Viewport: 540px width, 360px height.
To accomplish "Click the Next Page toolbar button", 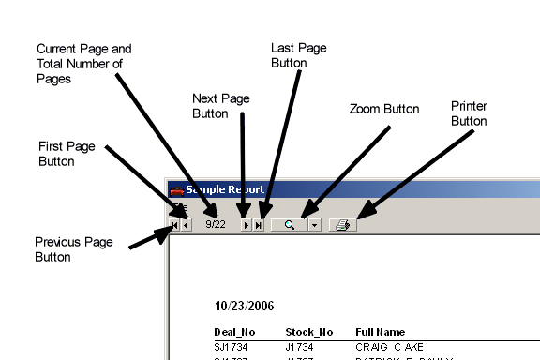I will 246,225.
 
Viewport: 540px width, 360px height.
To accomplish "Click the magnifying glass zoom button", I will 289,225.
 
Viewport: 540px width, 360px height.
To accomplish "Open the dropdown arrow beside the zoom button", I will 314,225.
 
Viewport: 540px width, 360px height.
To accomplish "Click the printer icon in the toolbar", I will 343,225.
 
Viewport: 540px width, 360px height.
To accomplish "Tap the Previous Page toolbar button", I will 187,225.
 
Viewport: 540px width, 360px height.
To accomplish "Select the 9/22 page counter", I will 216,225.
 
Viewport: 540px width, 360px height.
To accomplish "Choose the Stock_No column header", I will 308,332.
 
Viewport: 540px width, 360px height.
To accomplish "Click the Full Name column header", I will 380,332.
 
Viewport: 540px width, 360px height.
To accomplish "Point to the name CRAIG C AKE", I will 389,347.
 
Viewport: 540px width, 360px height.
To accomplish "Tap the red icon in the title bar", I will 176,190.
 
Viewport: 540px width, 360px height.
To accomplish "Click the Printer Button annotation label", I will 469,113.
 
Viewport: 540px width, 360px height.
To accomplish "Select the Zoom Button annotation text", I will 382,109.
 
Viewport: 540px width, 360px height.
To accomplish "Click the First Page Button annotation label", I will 70,154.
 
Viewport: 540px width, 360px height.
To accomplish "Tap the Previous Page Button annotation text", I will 74,249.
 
